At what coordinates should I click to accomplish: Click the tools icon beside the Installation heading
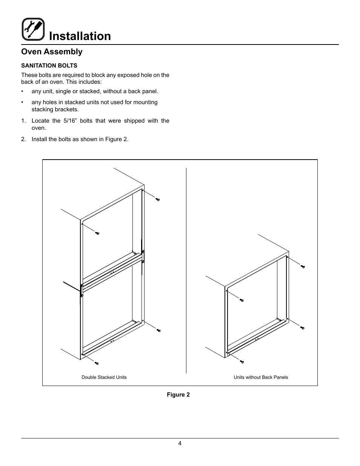click(x=33, y=29)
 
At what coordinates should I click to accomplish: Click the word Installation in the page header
click(x=80, y=36)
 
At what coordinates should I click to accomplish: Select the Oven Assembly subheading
click(x=52, y=52)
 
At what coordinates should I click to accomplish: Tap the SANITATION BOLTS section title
click(x=49, y=65)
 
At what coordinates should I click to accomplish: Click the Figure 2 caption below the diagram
click(x=178, y=395)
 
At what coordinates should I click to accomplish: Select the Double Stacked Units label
click(x=104, y=377)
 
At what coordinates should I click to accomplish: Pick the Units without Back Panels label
click(x=261, y=377)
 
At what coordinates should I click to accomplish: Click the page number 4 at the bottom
click(x=180, y=443)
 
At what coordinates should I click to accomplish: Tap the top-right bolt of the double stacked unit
click(x=158, y=199)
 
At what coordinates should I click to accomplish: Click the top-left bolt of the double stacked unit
click(x=97, y=233)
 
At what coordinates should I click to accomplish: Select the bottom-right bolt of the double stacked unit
click(x=158, y=330)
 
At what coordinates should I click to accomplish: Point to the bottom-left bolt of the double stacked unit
click(x=97, y=363)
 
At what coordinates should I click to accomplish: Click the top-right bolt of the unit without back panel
click(x=302, y=266)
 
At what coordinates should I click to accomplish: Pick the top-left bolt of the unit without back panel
click(x=242, y=300)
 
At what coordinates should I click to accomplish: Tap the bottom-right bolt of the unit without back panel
click(x=302, y=328)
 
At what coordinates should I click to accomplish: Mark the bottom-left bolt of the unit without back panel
click(x=242, y=362)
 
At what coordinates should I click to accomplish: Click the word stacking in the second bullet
click(x=42, y=109)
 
